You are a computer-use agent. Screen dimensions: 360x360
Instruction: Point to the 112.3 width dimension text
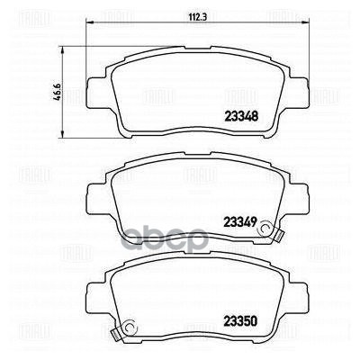186,16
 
